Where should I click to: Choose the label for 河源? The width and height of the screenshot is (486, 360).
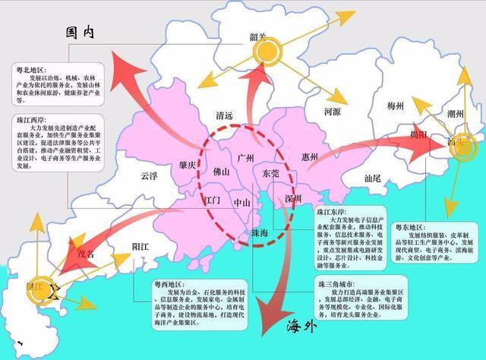click(x=333, y=111)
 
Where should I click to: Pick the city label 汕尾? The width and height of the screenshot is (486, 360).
click(x=376, y=178)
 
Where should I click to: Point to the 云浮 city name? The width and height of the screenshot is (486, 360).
click(x=148, y=176)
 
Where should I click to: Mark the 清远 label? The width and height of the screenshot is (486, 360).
click(x=225, y=118)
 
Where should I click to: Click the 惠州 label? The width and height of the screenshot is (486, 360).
click(x=309, y=158)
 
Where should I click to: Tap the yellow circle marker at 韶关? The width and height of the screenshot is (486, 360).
click(x=267, y=52)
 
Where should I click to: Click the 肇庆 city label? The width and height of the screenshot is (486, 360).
click(x=188, y=166)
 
